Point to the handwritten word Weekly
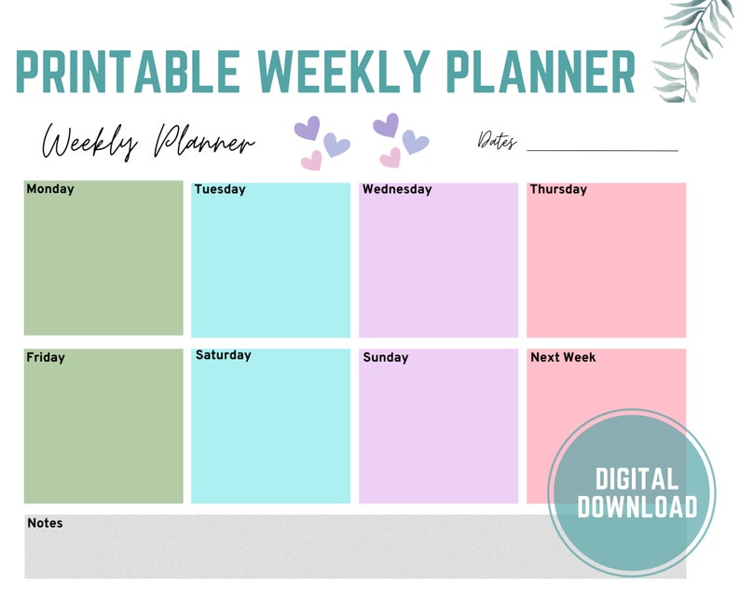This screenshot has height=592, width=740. [x=90, y=144]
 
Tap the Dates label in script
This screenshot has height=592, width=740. [x=497, y=141]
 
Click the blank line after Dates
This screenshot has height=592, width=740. [x=602, y=149]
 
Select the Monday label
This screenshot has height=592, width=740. [x=50, y=189]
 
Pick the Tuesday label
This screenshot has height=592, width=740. [x=220, y=189]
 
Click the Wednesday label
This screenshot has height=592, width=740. [x=397, y=189]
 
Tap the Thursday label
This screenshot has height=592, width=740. [x=558, y=189]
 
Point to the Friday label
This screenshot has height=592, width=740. [x=46, y=357]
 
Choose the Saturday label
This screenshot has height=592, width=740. [x=223, y=355]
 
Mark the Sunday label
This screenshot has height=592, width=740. [x=386, y=357]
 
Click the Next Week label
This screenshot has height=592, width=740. [x=563, y=357]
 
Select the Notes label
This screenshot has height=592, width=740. [x=45, y=523]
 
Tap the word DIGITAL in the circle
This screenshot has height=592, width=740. [x=637, y=480]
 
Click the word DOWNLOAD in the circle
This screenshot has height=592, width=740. [x=637, y=506]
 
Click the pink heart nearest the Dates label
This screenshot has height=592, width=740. [x=391, y=157]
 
